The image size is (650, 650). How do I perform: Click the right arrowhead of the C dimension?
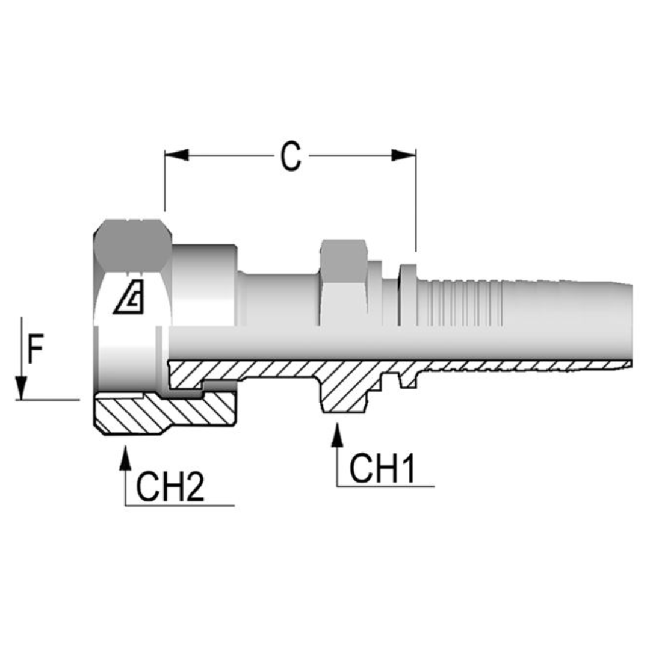(x=403, y=155)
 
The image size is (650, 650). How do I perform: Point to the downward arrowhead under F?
(x=21, y=388)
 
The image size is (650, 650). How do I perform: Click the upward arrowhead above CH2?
(x=125, y=457)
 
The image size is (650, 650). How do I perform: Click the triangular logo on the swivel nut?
(x=131, y=297)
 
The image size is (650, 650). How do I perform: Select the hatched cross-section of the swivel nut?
(x=162, y=415)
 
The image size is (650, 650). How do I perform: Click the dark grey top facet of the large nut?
(x=133, y=244)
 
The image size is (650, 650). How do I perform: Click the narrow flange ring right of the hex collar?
(x=408, y=295)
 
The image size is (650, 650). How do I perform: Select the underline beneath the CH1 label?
(x=385, y=486)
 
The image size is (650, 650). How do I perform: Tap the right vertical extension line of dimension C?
(x=415, y=199)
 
